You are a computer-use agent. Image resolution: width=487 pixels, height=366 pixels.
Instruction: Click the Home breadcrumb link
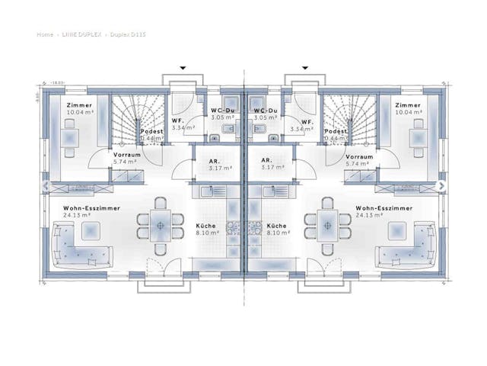click(x=44, y=34)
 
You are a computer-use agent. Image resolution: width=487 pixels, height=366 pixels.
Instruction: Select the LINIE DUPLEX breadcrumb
click(x=80, y=34)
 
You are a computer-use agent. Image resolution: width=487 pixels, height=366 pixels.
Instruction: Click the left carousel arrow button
click(x=45, y=185)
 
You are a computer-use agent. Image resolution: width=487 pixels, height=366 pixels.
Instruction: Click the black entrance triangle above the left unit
click(x=183, y=68)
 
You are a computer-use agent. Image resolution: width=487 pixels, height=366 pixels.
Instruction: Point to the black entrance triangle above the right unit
click(x=305, y=68)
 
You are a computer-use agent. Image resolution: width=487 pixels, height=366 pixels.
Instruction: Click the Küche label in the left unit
click(x=206, y=226)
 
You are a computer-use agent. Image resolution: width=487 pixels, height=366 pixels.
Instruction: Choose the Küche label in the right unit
click(x=277, y=226)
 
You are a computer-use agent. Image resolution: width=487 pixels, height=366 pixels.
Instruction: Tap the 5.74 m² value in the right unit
click(x=336, y=162)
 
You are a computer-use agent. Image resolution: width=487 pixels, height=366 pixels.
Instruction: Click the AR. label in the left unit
click(x=215, y=160)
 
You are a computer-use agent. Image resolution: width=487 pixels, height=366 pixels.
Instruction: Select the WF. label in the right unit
click(x=307, y=122)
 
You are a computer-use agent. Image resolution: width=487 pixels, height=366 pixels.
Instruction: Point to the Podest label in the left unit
click(x=152, y=131)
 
